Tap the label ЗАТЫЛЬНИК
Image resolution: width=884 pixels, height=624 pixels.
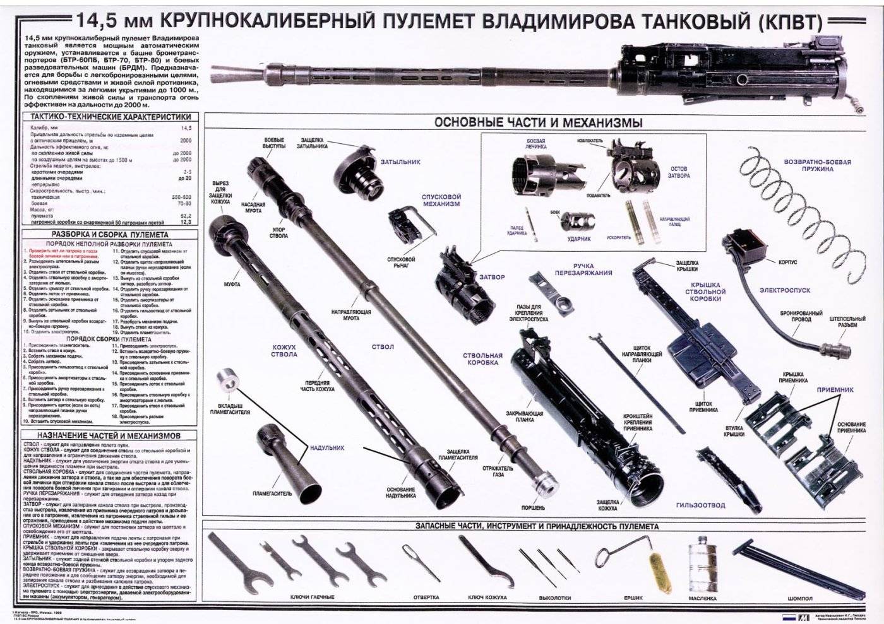pyautogui.click(x=400, y=162)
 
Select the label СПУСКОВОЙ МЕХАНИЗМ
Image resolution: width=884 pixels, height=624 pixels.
pyautogui.click(x=441, y=201)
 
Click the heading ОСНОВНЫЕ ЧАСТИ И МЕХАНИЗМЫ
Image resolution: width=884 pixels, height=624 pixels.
pyautogui.click(x=539, y=122)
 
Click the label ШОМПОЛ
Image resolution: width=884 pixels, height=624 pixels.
pyautogui.click(x=800, y=598)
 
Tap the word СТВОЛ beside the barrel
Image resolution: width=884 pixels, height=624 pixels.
pyautogui.click(x=383, y=347)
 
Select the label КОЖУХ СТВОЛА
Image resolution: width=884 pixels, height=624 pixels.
pyautogui.click(x=284, y=351)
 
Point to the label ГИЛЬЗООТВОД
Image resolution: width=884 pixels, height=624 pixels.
pyautogui.click(x=700, y=505)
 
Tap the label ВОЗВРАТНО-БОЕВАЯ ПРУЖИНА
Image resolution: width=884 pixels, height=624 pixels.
pyautogui.click(x=817, y=165)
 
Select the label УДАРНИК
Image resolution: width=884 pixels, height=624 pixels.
pyautogui.click(x=579, y=238)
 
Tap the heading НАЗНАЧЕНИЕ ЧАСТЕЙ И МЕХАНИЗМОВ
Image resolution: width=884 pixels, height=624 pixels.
pyautogui.click(x=109, y=435)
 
